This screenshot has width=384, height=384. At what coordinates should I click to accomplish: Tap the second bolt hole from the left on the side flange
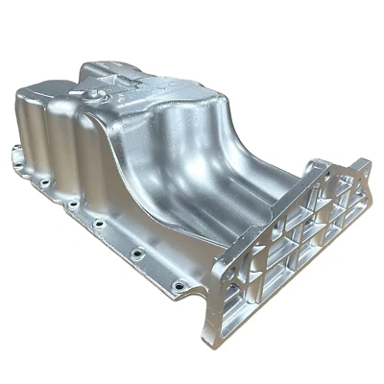tap(44, 181)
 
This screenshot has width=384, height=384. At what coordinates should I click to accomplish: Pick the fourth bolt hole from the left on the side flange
tap(99, 225)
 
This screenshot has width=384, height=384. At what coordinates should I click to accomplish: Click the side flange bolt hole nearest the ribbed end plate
tap(176, 285)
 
